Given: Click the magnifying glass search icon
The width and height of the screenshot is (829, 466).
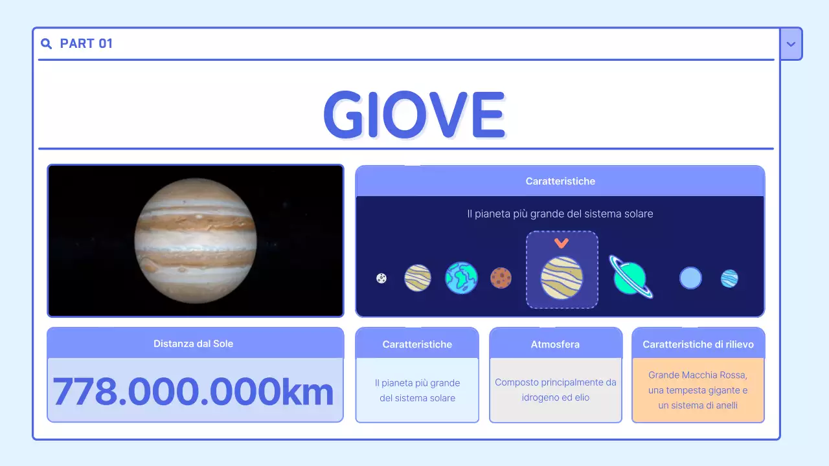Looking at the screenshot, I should click(46, 43).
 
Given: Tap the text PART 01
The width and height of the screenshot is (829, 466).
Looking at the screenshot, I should click(86, 43).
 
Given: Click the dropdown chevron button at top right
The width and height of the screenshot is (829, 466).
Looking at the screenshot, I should click(791, 44).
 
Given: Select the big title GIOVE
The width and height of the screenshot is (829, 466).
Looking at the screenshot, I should click(414, 115).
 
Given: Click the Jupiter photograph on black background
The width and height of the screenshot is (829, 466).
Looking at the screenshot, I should click(196, 241).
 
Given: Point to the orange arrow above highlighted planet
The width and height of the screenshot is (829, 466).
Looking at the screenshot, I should click(562, 243).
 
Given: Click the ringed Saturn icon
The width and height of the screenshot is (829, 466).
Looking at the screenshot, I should click(630, 277).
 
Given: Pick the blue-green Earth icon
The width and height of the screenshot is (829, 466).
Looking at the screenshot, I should click(461, 278).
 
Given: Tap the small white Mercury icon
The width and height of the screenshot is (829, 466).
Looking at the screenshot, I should click(381, 278).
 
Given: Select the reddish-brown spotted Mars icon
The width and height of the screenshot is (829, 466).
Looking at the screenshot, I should click(501, 278).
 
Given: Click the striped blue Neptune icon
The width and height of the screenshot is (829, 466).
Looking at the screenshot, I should click(729, 278).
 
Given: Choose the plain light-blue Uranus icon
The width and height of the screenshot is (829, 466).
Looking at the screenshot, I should click(690, 278).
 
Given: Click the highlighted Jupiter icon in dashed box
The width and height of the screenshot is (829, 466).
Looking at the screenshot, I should click(562, 278).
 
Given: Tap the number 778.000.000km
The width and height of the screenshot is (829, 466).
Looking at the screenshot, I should click(193, 391).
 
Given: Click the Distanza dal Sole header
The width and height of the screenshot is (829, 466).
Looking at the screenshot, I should click(193, 344).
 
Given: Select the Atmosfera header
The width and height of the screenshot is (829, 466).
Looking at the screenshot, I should click(555, 344).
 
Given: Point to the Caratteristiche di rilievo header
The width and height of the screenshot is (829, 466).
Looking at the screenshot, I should click(698, 344).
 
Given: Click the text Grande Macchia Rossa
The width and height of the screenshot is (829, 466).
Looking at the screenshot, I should click(698, 375).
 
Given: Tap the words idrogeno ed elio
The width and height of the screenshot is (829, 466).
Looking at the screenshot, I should click(556, 397).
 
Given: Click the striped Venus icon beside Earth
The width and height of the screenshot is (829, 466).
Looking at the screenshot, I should click(418, 278).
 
